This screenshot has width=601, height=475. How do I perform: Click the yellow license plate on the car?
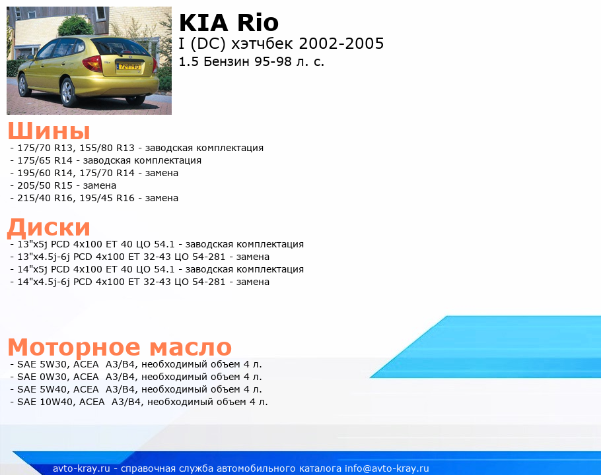click(129, 67)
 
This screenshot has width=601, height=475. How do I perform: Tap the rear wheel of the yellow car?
click(68, 92)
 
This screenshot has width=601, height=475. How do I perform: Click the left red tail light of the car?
click(92, 63)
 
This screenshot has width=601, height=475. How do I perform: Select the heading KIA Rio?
click(229, 22)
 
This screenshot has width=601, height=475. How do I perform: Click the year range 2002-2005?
click(341, 44)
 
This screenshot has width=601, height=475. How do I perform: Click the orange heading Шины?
click(49, 131)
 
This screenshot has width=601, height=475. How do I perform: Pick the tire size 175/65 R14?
click(45, 160)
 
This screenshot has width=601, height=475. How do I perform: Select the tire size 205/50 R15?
click(45, 185)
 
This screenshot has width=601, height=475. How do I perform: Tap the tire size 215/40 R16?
click(45, 199)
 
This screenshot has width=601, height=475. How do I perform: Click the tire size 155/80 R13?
click(107, 148)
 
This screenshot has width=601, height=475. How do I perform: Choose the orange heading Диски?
click(49, 227)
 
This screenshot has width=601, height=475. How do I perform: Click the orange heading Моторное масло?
click(120, 347)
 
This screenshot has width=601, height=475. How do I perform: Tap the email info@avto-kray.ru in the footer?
click(386, 468)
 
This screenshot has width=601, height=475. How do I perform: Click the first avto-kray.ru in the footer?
click(81, 468)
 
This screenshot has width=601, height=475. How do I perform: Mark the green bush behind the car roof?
click(75, 25)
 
